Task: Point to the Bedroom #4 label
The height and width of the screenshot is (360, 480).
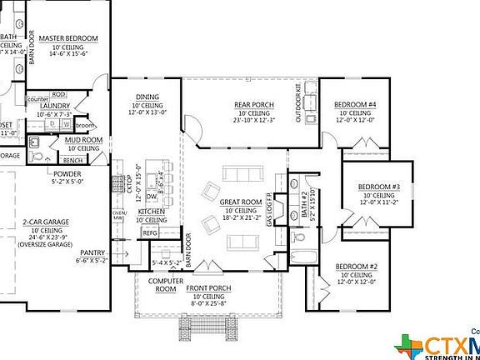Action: (x=356, y=104)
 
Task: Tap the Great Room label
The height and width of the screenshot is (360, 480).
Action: (x=241, y=202)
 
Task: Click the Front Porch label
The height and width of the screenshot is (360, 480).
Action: (x=208, y=287)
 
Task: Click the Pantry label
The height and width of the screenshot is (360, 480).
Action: (x=92, y=252)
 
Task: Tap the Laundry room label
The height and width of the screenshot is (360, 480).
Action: (x=54, y=107)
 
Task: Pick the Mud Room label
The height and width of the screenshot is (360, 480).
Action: (x=84, y=140)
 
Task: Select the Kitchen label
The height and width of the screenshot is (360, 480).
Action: (x=151, y=212)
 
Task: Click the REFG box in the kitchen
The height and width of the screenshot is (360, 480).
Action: (x=150, y=233)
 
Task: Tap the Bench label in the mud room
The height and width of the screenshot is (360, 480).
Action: (x=72, y=159)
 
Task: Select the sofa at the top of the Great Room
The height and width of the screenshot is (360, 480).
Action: (x=242, y=174)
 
